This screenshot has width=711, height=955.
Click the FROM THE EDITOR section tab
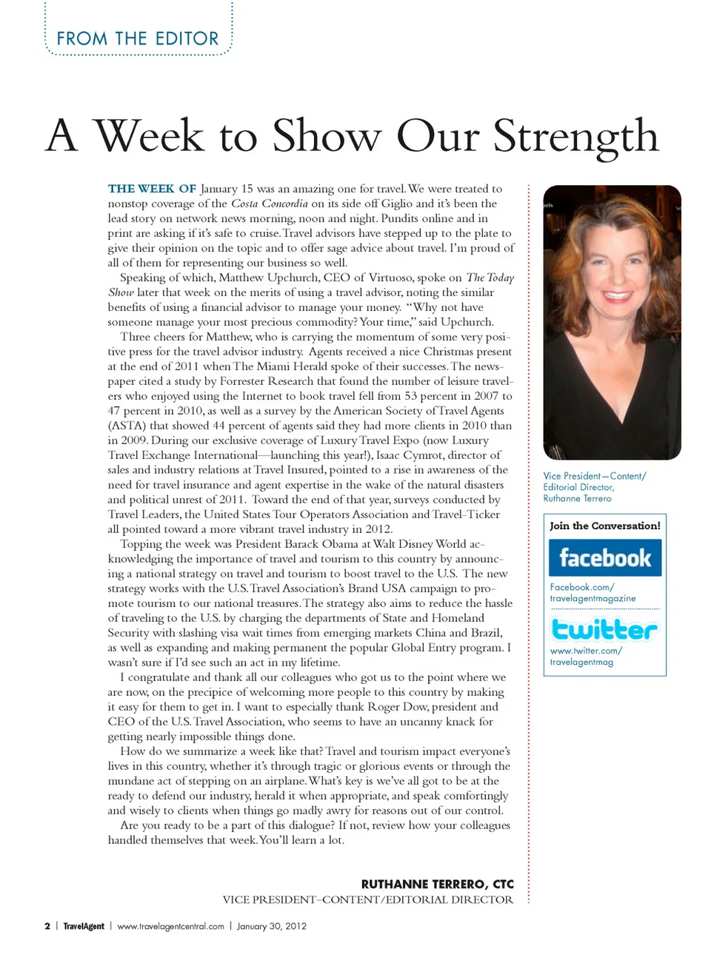pyautogui.click(x=138, y=38)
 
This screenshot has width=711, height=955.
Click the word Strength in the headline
pyautogui.click(x=575, y=137)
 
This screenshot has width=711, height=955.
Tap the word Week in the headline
pyautogui.click(x=149, y=137)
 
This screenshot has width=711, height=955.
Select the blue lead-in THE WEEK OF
pyautogui.click(x=152, y=189)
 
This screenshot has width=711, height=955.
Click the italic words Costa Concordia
pyautogui.click(x=269, y=204)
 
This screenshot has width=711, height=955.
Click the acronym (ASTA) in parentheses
pyautogui.click(x=127, y=426)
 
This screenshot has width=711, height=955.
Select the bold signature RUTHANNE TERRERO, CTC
pyautogui.click(x=437, y=884)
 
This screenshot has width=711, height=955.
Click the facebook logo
pyautogui.click(x=605, y=557)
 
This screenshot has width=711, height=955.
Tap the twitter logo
pyautogui.click(x=604, y=629)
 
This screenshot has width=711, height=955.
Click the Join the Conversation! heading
pyautogui.click(x=604, y=526)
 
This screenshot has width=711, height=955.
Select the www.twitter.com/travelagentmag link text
pyautogui.click(x=585, y=656)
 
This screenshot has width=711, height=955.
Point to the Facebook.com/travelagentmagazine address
pyautogui.click(x=592, y=592)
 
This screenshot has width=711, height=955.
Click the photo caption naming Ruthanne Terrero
pyautogui.click(x=594, y=487)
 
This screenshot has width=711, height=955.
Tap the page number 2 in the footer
pyautogui.click(x=47, y=926)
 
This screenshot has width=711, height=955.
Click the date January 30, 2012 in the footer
pyautogui.click(x=271, y=926)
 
